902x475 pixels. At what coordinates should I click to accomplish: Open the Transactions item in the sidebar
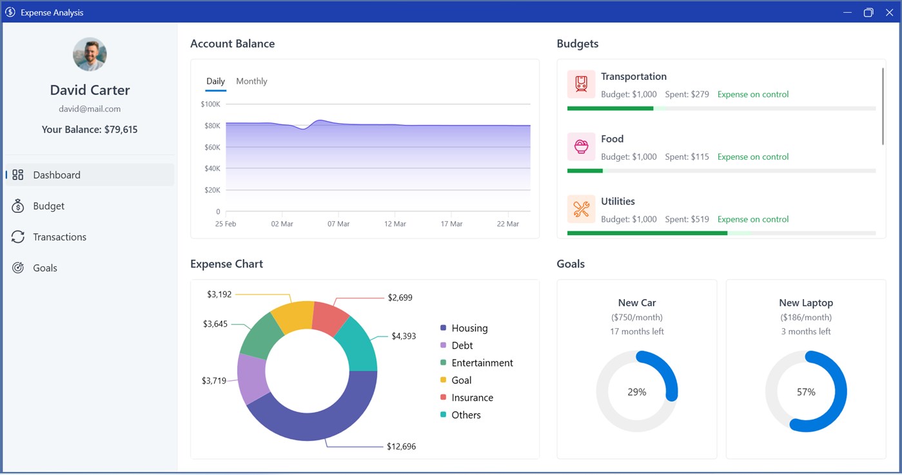[x=49, y=237]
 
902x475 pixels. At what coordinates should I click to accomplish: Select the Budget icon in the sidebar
[x=17, y=206]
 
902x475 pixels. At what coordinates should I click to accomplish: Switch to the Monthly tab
[x=251, y=81]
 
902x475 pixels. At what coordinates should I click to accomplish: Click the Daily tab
[x=215, y=81]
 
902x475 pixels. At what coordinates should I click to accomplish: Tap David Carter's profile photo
[x=90, y=54]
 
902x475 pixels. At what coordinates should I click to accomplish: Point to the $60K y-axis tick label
[x=212, y=147]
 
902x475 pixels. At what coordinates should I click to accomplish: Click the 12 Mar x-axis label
[x=395, y=224]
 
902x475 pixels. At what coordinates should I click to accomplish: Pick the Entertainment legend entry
[x=476, y=363]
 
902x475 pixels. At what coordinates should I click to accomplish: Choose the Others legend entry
[x=460, y=414]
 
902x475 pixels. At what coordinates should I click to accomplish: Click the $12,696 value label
[x=401, y=446]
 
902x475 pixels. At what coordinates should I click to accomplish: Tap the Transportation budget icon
[x=581, y=84]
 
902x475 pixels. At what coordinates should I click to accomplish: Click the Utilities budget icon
[x=581, y=209]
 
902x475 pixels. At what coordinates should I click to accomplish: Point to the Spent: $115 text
[x=687, y=157]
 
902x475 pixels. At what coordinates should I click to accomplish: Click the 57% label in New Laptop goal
[x=806, y=392]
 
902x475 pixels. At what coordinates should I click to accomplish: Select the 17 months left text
[x=636, y=331]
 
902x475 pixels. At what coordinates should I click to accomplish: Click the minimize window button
[x=847, y=12]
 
